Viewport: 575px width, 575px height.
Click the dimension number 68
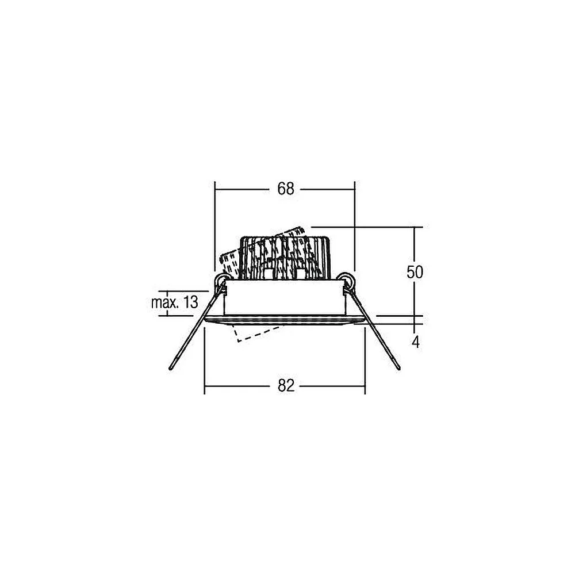point(286,189)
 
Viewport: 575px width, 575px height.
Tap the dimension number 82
point(286,386)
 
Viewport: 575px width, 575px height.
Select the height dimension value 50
point(415,272)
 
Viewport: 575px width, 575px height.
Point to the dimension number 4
point(416,343)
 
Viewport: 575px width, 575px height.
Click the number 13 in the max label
point(191,302)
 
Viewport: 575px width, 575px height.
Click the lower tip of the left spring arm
point(171,368)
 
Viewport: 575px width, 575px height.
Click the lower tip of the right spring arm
point(398,368)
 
